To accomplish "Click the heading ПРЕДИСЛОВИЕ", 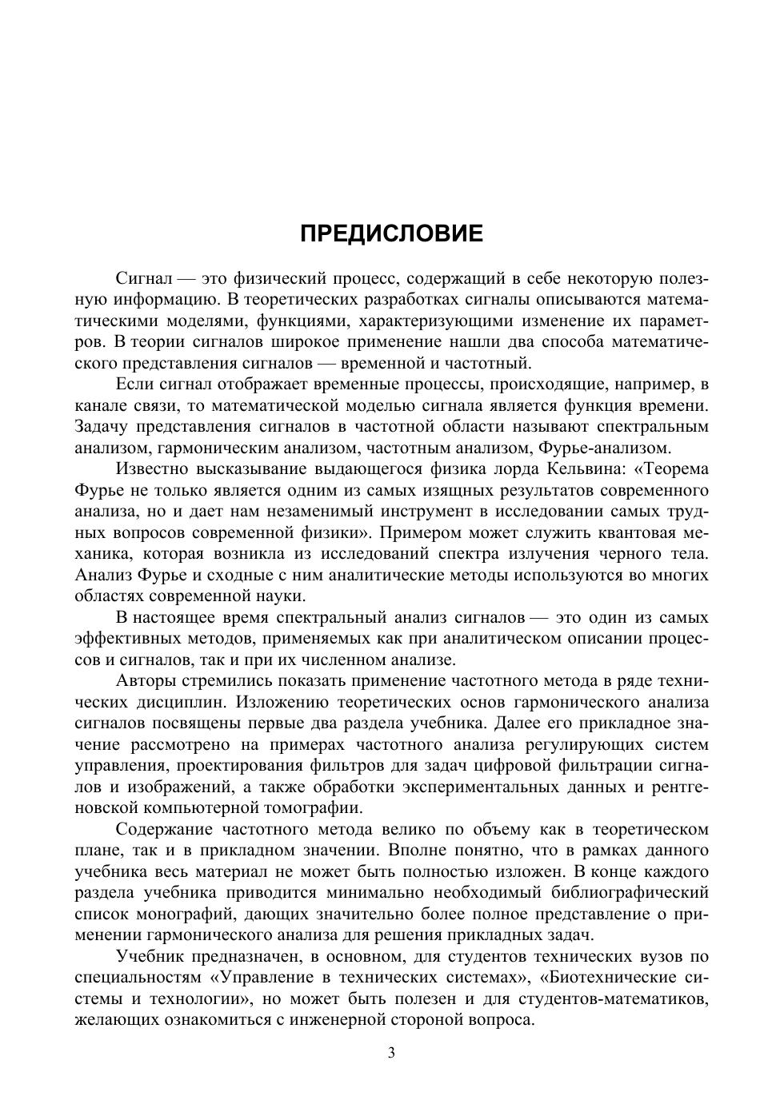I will click(391, 233).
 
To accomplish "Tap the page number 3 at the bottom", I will click(391, 1053).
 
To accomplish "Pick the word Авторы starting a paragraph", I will click(145, 681).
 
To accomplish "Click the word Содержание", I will click(162, 829).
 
